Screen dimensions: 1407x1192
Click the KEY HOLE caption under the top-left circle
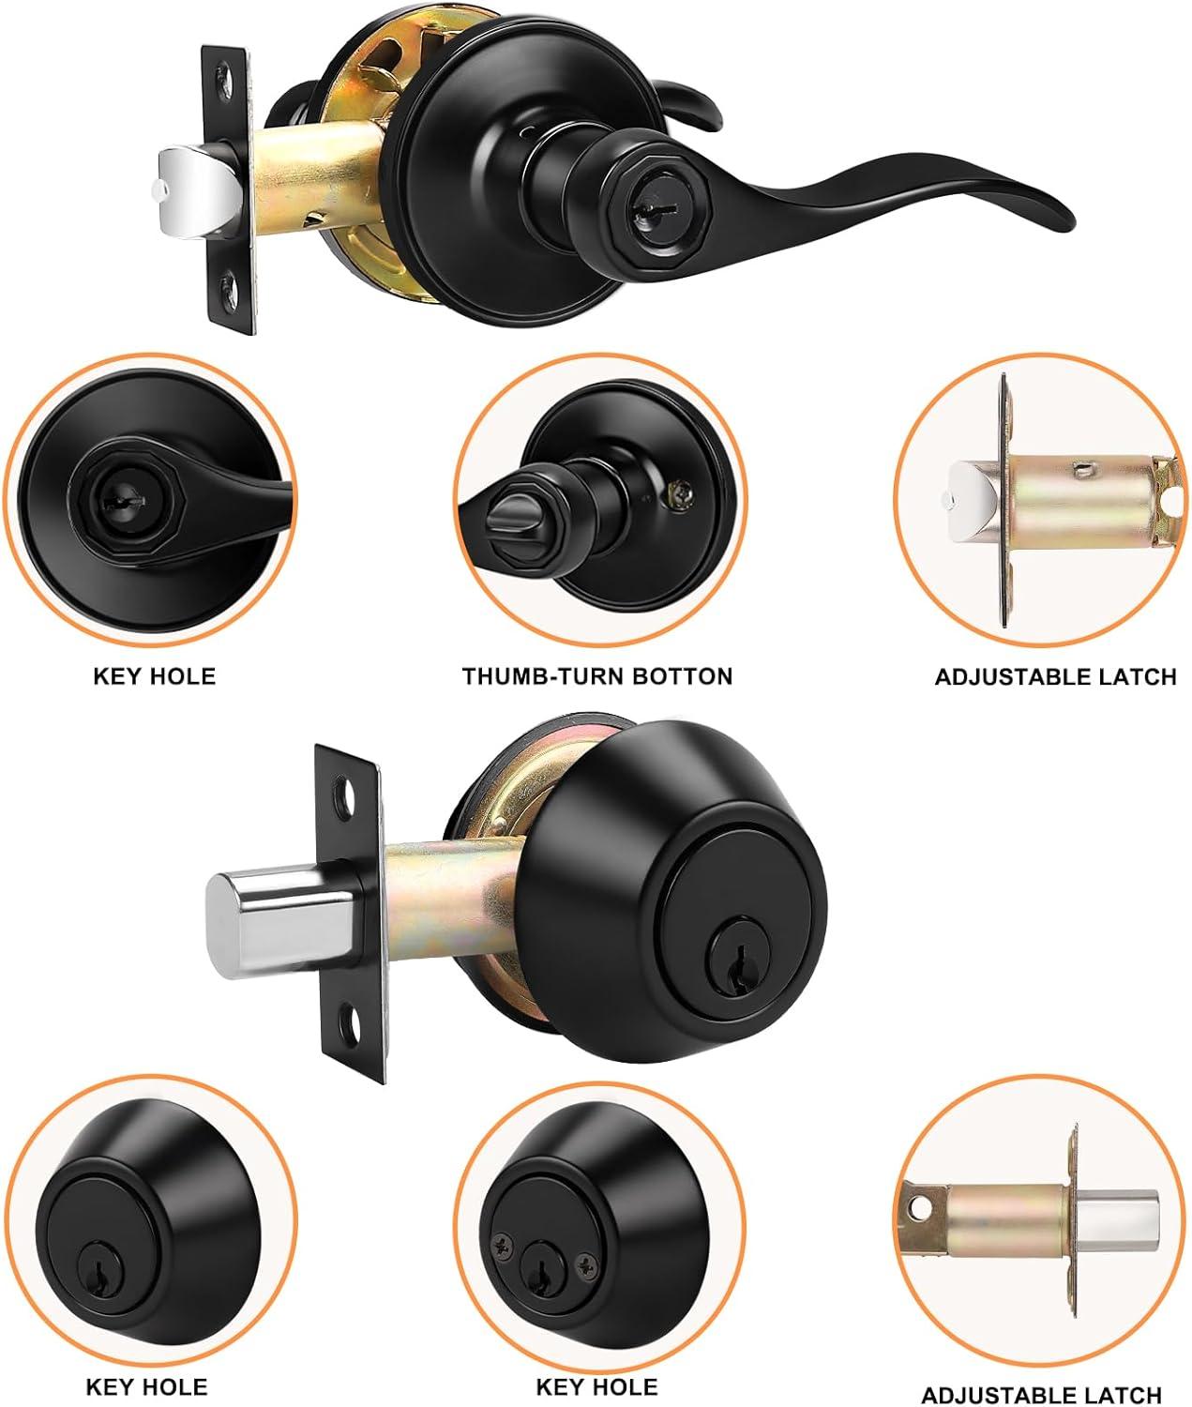coord(154,675)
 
